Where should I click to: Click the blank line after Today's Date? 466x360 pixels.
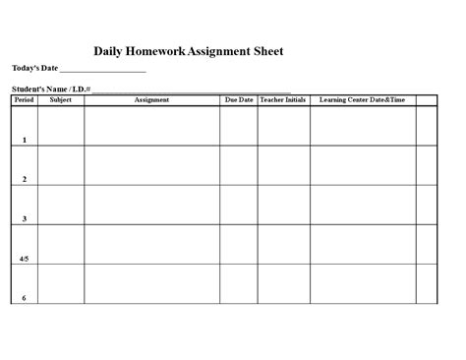[x=102, y=70]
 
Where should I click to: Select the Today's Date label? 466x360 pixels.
[x=35, y=68]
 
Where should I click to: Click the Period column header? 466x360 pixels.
[x=24, y=99]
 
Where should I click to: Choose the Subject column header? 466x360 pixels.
[x=60, y=99]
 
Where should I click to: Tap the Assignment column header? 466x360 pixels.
[x=151, y=99]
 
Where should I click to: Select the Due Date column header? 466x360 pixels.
[x=238, y=99]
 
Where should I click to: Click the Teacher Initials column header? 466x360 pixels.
[x=283, y=99]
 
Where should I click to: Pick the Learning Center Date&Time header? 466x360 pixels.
[x=362, y=99]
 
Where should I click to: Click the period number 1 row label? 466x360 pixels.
[x=25, y=141]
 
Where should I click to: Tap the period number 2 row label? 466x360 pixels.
[x=25, y=180]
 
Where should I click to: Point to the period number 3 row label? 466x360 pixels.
[x=25, y=219]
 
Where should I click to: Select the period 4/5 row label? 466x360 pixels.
[x=25, y=259]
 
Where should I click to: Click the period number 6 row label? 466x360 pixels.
[x=25, y=298]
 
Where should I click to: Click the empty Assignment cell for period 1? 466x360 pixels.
[x=151, y=125]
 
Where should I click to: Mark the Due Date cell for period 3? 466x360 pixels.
[x=238, y=205]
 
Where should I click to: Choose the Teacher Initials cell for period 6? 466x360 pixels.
[x=283, y=283]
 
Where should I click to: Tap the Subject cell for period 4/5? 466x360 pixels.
[x=60, y=244]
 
